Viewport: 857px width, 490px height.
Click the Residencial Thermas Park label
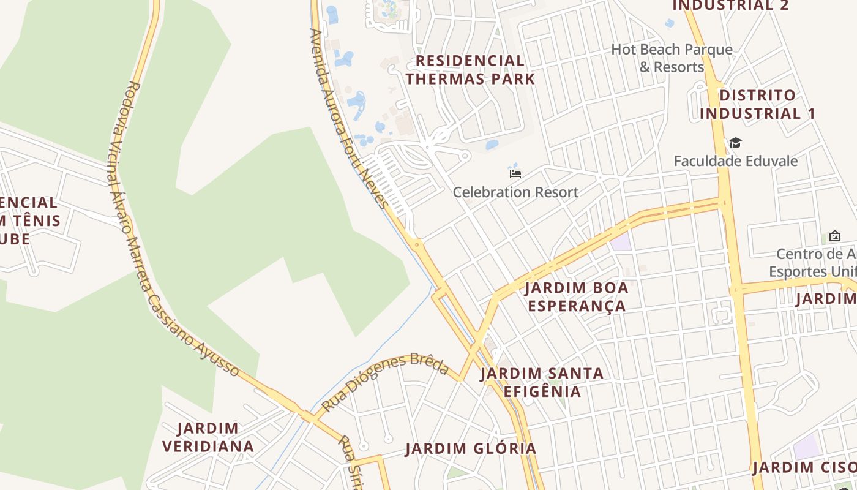click(470, 70)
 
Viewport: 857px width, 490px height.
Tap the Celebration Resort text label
click(515, 192)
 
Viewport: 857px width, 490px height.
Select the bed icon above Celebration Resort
click(515, 173)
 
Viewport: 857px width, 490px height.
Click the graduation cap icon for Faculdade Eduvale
click(735, 143)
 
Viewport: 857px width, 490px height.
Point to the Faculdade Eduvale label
click(736, 161)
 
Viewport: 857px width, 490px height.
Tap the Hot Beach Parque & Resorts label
click(672, 58)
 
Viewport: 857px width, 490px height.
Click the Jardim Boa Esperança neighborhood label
click(577, 296)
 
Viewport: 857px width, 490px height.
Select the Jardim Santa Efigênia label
click(542, 382)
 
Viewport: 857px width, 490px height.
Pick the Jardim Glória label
click(471, 449)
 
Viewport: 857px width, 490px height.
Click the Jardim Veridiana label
click(209, 437)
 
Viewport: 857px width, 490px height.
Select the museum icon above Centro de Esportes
click(834, 236)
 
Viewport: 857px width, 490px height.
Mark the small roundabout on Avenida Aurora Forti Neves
click(417, 244)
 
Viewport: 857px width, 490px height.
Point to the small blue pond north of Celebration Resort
click(492, 145)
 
